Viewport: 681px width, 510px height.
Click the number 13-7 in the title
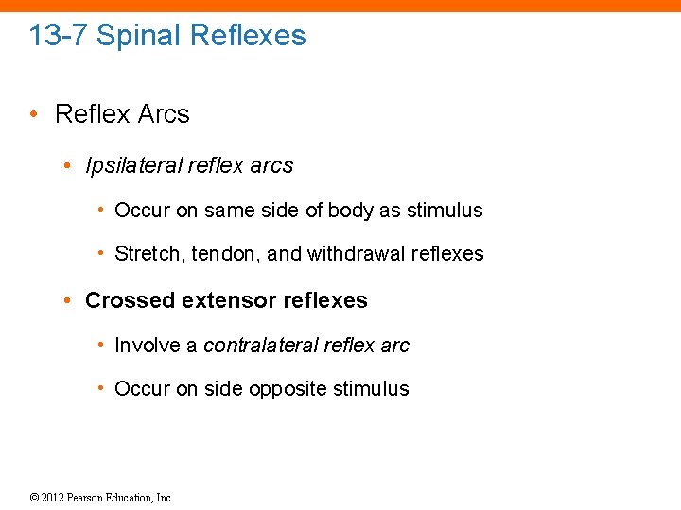[x=59, y=36]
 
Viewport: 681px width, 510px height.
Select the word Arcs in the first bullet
[x=164, y=114]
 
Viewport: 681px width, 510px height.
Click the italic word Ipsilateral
[x=132, y=166]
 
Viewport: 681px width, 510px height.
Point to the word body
[x=350, y=211]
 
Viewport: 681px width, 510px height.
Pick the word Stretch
[x=143, y=254]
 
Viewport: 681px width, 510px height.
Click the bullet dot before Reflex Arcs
[x=33, y=114]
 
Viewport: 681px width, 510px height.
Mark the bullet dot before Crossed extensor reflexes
[x=68, y=301]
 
